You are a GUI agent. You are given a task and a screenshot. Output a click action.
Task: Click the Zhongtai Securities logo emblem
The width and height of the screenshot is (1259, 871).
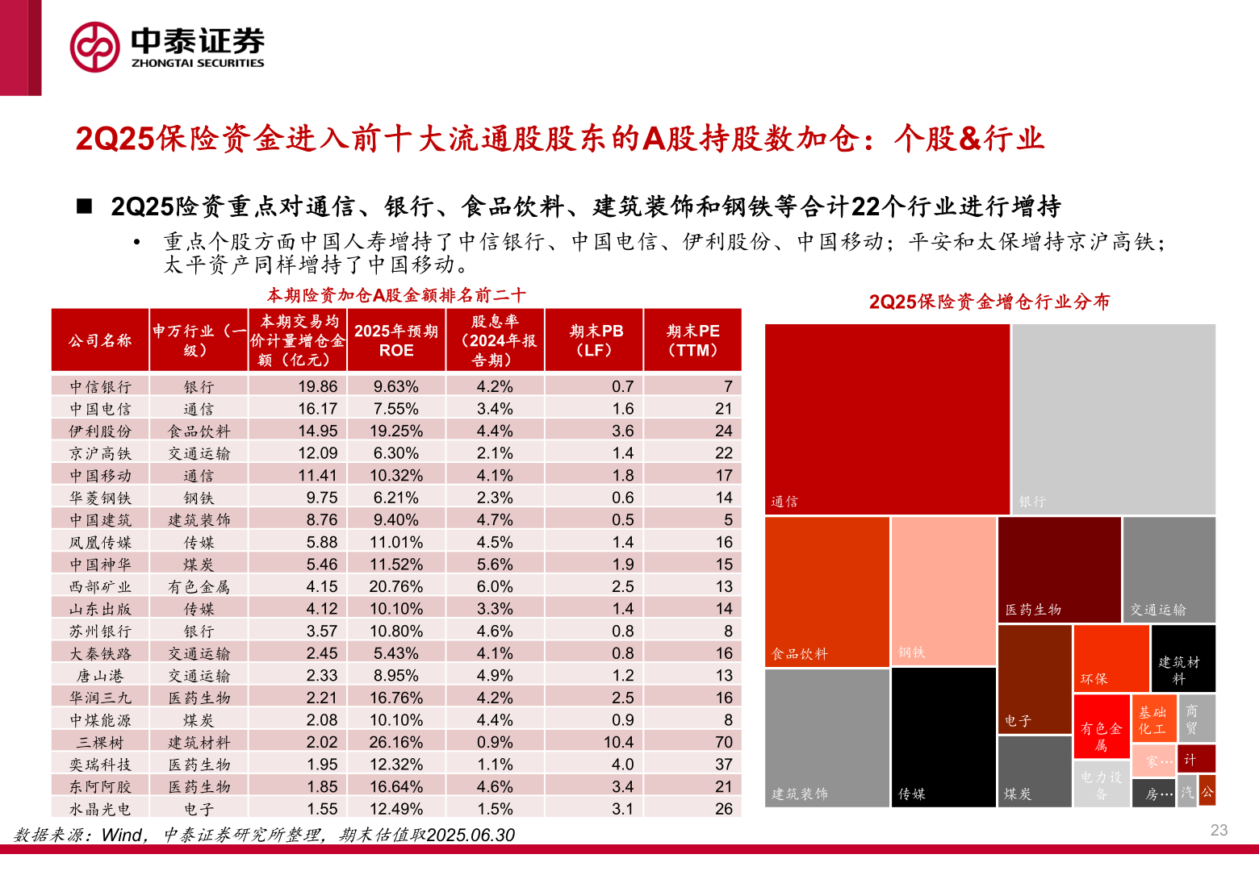click(94, 47)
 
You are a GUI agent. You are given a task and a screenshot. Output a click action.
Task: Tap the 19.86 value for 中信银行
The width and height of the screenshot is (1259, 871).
click(317, 386)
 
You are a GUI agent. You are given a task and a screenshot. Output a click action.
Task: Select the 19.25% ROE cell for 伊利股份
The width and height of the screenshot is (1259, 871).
click(396, 431)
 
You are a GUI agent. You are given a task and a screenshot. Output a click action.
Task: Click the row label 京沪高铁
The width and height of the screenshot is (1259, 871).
click(100, 453)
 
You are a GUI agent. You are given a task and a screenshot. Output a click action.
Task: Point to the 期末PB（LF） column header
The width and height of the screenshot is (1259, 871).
click(595, 340)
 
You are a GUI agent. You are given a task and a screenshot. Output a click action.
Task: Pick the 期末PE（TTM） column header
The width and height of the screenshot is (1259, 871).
click(692, 340)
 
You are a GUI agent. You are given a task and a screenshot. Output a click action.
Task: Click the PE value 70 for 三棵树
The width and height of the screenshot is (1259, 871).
click(723, 742)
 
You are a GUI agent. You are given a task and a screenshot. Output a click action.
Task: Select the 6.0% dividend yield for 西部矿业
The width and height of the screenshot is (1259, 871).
click(494, 586)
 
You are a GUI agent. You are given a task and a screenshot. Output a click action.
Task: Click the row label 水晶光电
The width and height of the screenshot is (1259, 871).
click(100, 809)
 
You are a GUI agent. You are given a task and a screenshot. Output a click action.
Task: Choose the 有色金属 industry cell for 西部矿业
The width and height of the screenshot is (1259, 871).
click(199, 586)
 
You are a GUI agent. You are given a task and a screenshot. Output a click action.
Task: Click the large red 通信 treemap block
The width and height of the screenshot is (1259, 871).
click(887, 419)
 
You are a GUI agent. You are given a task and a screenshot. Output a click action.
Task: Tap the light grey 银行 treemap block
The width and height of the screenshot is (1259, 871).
click(1114, 419)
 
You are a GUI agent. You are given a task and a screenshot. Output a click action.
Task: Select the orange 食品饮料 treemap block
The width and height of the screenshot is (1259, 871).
click(827, 591)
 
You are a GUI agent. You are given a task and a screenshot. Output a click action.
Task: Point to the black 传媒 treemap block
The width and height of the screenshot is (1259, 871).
click(943, 737)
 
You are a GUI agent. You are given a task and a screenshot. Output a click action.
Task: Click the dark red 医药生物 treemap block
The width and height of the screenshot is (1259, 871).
click(1059, 569)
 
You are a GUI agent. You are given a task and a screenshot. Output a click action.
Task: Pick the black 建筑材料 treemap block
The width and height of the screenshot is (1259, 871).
click(1183, 658)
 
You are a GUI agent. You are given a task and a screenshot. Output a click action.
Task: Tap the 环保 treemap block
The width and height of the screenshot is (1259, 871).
click(1111, 658)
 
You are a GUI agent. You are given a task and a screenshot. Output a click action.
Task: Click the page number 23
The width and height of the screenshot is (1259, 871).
click(1219, 830)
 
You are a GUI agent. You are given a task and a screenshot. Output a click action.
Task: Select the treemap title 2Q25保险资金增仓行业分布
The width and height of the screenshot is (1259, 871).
click(989, 302)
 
